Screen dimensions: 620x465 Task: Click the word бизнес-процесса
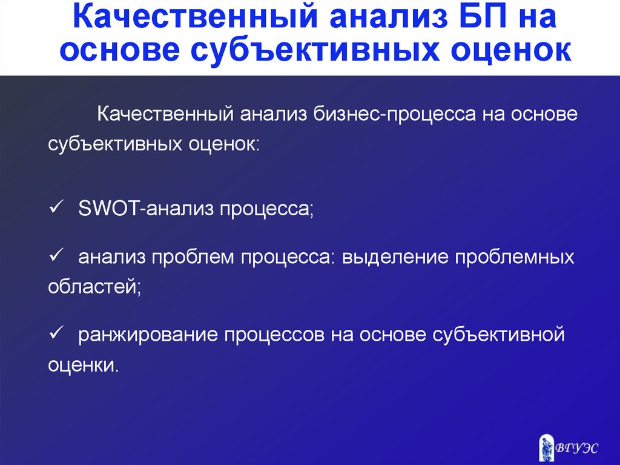(395, 115)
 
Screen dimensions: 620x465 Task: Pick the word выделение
(395, 258)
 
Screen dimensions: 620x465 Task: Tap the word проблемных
(515, 258)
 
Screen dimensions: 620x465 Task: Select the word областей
(94, 286)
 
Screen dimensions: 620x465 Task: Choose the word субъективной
(498, 335)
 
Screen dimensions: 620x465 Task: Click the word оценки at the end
(84, 365)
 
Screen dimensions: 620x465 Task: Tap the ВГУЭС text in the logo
(577, 448)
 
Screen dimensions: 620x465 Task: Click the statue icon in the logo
(547, 447)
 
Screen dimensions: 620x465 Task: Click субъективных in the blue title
(315, 50)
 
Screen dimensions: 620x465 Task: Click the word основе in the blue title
(120, 50)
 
